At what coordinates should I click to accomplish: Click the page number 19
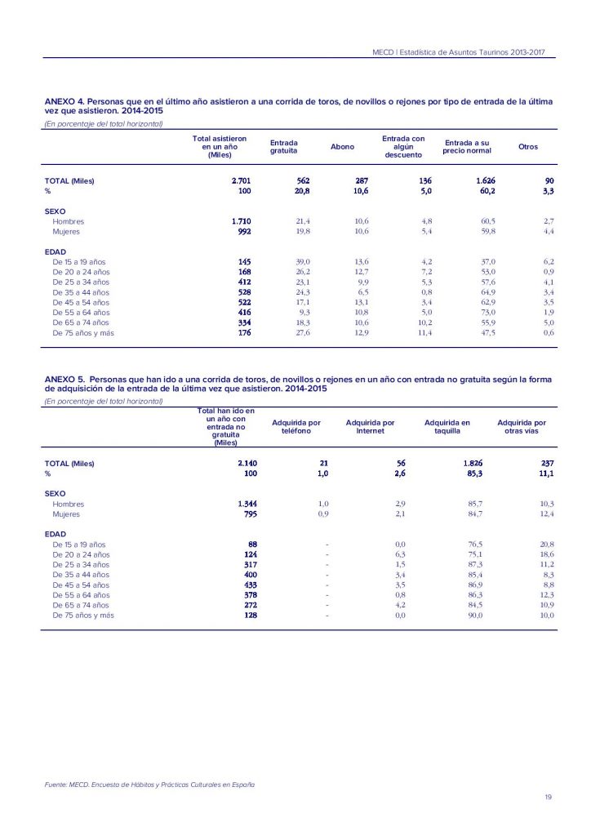(548, 797)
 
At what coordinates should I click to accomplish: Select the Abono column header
(342, 147)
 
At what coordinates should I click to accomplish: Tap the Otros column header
(528, 147)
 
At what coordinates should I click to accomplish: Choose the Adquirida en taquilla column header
(447, 427)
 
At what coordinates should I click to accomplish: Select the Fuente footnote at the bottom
(149, 785)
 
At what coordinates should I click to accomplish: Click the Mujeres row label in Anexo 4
(66, 232)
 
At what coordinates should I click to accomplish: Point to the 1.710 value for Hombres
(240, 221)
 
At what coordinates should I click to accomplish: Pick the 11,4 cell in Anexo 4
(423, 333)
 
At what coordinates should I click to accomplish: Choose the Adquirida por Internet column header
(370, 427)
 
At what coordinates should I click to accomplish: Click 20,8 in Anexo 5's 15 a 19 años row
(546, 544)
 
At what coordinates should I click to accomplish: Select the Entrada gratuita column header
(283, 147)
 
